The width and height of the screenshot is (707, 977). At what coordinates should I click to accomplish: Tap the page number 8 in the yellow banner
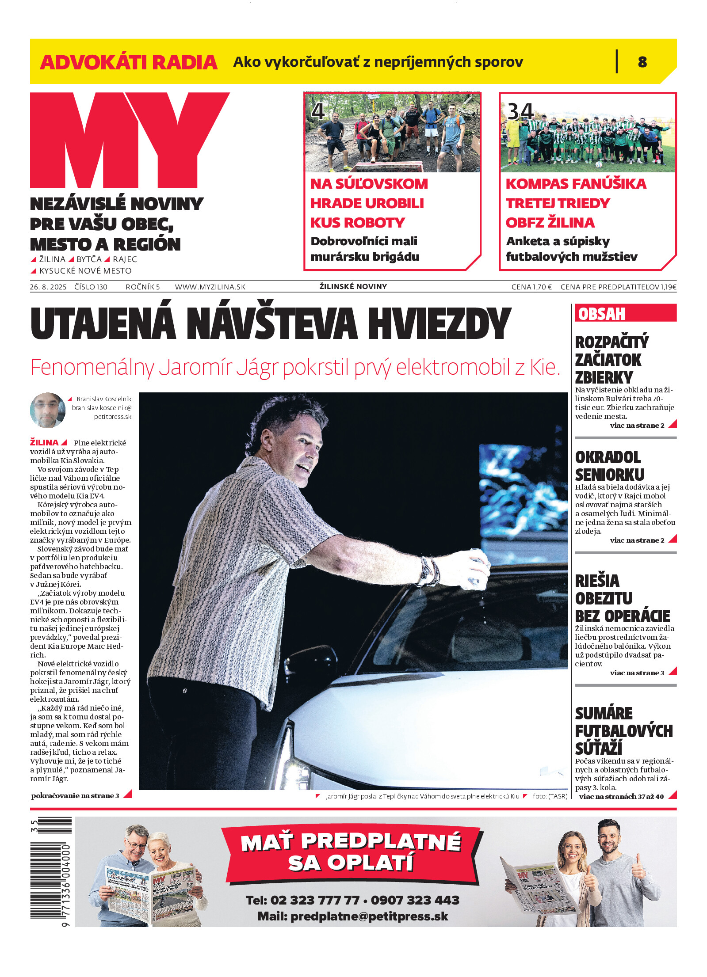pos(642,62)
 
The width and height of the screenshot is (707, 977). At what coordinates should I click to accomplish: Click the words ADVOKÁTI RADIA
pos(128,62)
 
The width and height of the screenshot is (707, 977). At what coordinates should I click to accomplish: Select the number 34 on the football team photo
pos(520,111)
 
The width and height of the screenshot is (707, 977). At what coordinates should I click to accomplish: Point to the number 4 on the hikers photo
pos(318,111)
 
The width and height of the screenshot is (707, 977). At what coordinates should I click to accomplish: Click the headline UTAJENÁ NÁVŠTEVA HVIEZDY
pos(271,324)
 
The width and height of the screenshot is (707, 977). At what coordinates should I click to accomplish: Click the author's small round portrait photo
pos(47,410)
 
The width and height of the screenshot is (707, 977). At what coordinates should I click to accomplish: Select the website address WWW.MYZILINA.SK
pos(210,287)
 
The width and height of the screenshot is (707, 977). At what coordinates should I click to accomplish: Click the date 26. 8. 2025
pos(48,287)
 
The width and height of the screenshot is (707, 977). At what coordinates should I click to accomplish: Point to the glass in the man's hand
pos(478,566)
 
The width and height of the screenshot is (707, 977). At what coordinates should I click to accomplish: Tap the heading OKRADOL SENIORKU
pos(609,466)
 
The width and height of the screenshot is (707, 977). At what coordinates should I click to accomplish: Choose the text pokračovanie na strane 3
pos(75,796)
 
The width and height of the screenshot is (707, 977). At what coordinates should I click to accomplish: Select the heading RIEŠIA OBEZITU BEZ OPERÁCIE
pos(622,598)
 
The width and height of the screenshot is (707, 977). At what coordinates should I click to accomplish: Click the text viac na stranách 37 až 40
pos(621,797)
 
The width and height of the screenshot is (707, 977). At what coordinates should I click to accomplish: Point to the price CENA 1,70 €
pos(531,287)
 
